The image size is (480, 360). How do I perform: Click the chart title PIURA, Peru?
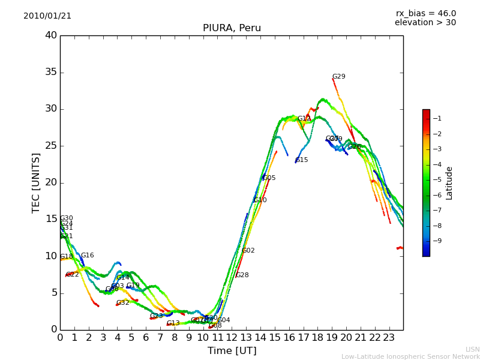point(232,28)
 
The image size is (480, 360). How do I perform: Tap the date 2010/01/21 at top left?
point(47,16)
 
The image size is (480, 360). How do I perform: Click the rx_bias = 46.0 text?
point(426,13)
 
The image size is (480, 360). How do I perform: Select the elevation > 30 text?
point(425,23)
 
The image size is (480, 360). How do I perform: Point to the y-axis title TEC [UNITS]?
point(36,182)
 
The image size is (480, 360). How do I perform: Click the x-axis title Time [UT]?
point(232,351)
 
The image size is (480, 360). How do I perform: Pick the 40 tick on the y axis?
point(51,35)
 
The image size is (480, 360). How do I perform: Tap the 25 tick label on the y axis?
point(51,146)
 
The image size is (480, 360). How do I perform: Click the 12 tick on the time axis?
point(232,338)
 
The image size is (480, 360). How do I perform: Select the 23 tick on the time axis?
point(389,338)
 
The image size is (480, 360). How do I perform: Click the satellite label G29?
point(339,77)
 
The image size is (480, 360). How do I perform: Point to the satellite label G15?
point(302,160)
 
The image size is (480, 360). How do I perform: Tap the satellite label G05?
point(269,178)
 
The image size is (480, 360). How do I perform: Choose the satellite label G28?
point(242,275)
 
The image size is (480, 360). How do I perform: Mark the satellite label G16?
point(88,256)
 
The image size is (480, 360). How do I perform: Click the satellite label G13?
point(173,323)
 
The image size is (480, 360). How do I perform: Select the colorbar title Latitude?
point(449,183)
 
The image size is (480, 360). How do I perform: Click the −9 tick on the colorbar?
point(437,241)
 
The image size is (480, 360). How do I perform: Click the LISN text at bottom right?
point(473,349)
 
